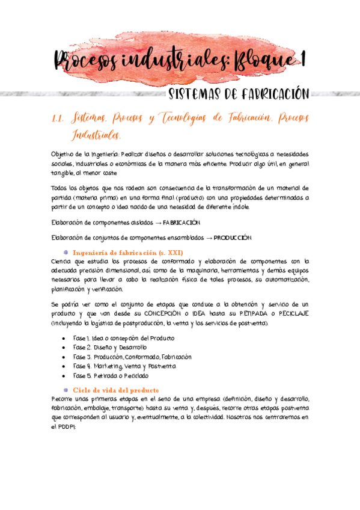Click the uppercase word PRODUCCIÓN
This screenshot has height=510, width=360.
click(x=233, y=238)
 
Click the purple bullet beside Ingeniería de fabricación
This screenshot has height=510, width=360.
click(x=66, y=252)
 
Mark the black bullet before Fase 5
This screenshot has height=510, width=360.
click(x=65, y=375)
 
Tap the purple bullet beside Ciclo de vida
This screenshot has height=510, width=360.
click(x=66, y=390)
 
